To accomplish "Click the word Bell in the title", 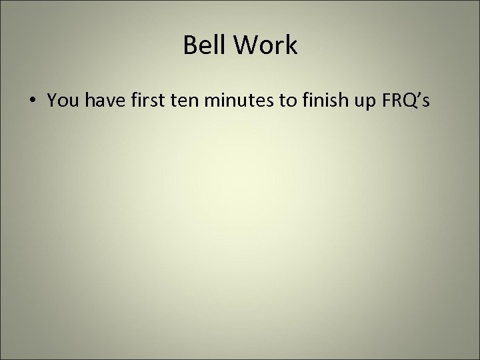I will click(x=203, y=47).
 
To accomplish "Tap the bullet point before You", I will click(x=32, y=101).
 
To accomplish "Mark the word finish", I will click(x=316, y=101).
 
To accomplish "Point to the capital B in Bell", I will click(x=188, y=47).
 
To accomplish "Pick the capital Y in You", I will click(x=52, y=101).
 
